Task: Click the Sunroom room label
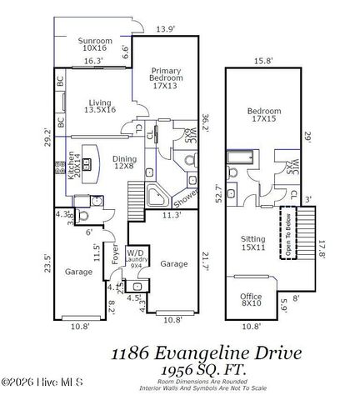click(95, 45)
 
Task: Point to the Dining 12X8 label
click(124, 162)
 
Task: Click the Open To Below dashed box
click(290, 236)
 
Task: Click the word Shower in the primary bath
click(186, 194)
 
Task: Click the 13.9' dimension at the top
click(166, 30)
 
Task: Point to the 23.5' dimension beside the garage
click(47, 263)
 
